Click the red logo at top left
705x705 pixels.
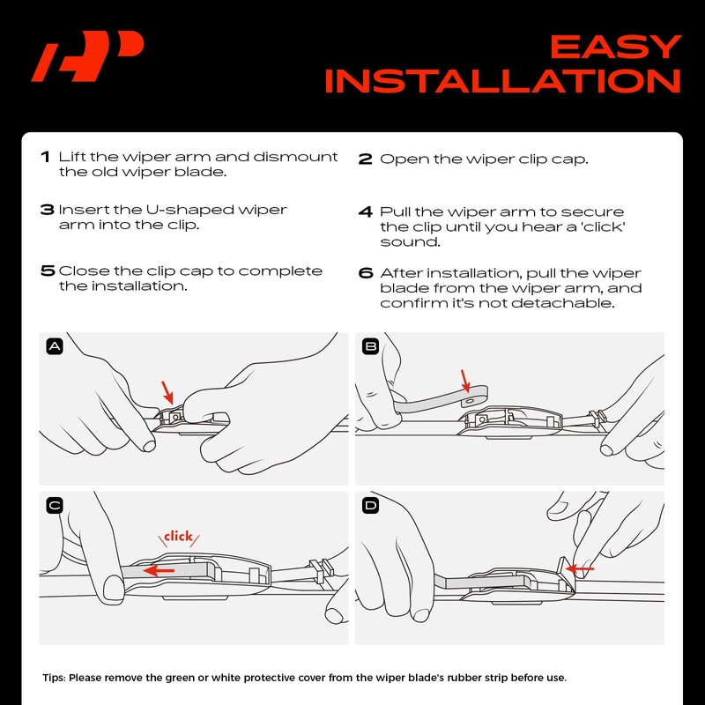tap(87, 56)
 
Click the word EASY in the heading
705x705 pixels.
tap(616, 48)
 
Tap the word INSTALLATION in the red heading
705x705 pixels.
tap(502, 81)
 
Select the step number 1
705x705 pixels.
tap(45, 157)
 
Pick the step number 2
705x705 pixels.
tap(366, 160)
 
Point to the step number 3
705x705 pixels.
tap(48, 210)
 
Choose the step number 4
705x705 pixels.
tap(366, 211)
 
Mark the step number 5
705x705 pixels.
tap(48, 271)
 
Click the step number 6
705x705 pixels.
tap(366, 273)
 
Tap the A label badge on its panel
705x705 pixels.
tap(55, 346)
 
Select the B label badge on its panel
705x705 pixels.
tap(370, 346)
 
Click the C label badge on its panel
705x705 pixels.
tap(55, 506)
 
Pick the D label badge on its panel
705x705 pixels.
tap(370, 506)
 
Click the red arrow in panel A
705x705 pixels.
tap(167, 392)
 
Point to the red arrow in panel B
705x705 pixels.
tap(465, 382)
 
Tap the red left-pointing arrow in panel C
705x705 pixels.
tap(159, 571)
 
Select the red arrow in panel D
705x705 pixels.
tap(580, 568)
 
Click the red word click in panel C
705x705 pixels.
tap(179, 536)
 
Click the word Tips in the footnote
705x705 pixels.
tap(54, 678)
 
